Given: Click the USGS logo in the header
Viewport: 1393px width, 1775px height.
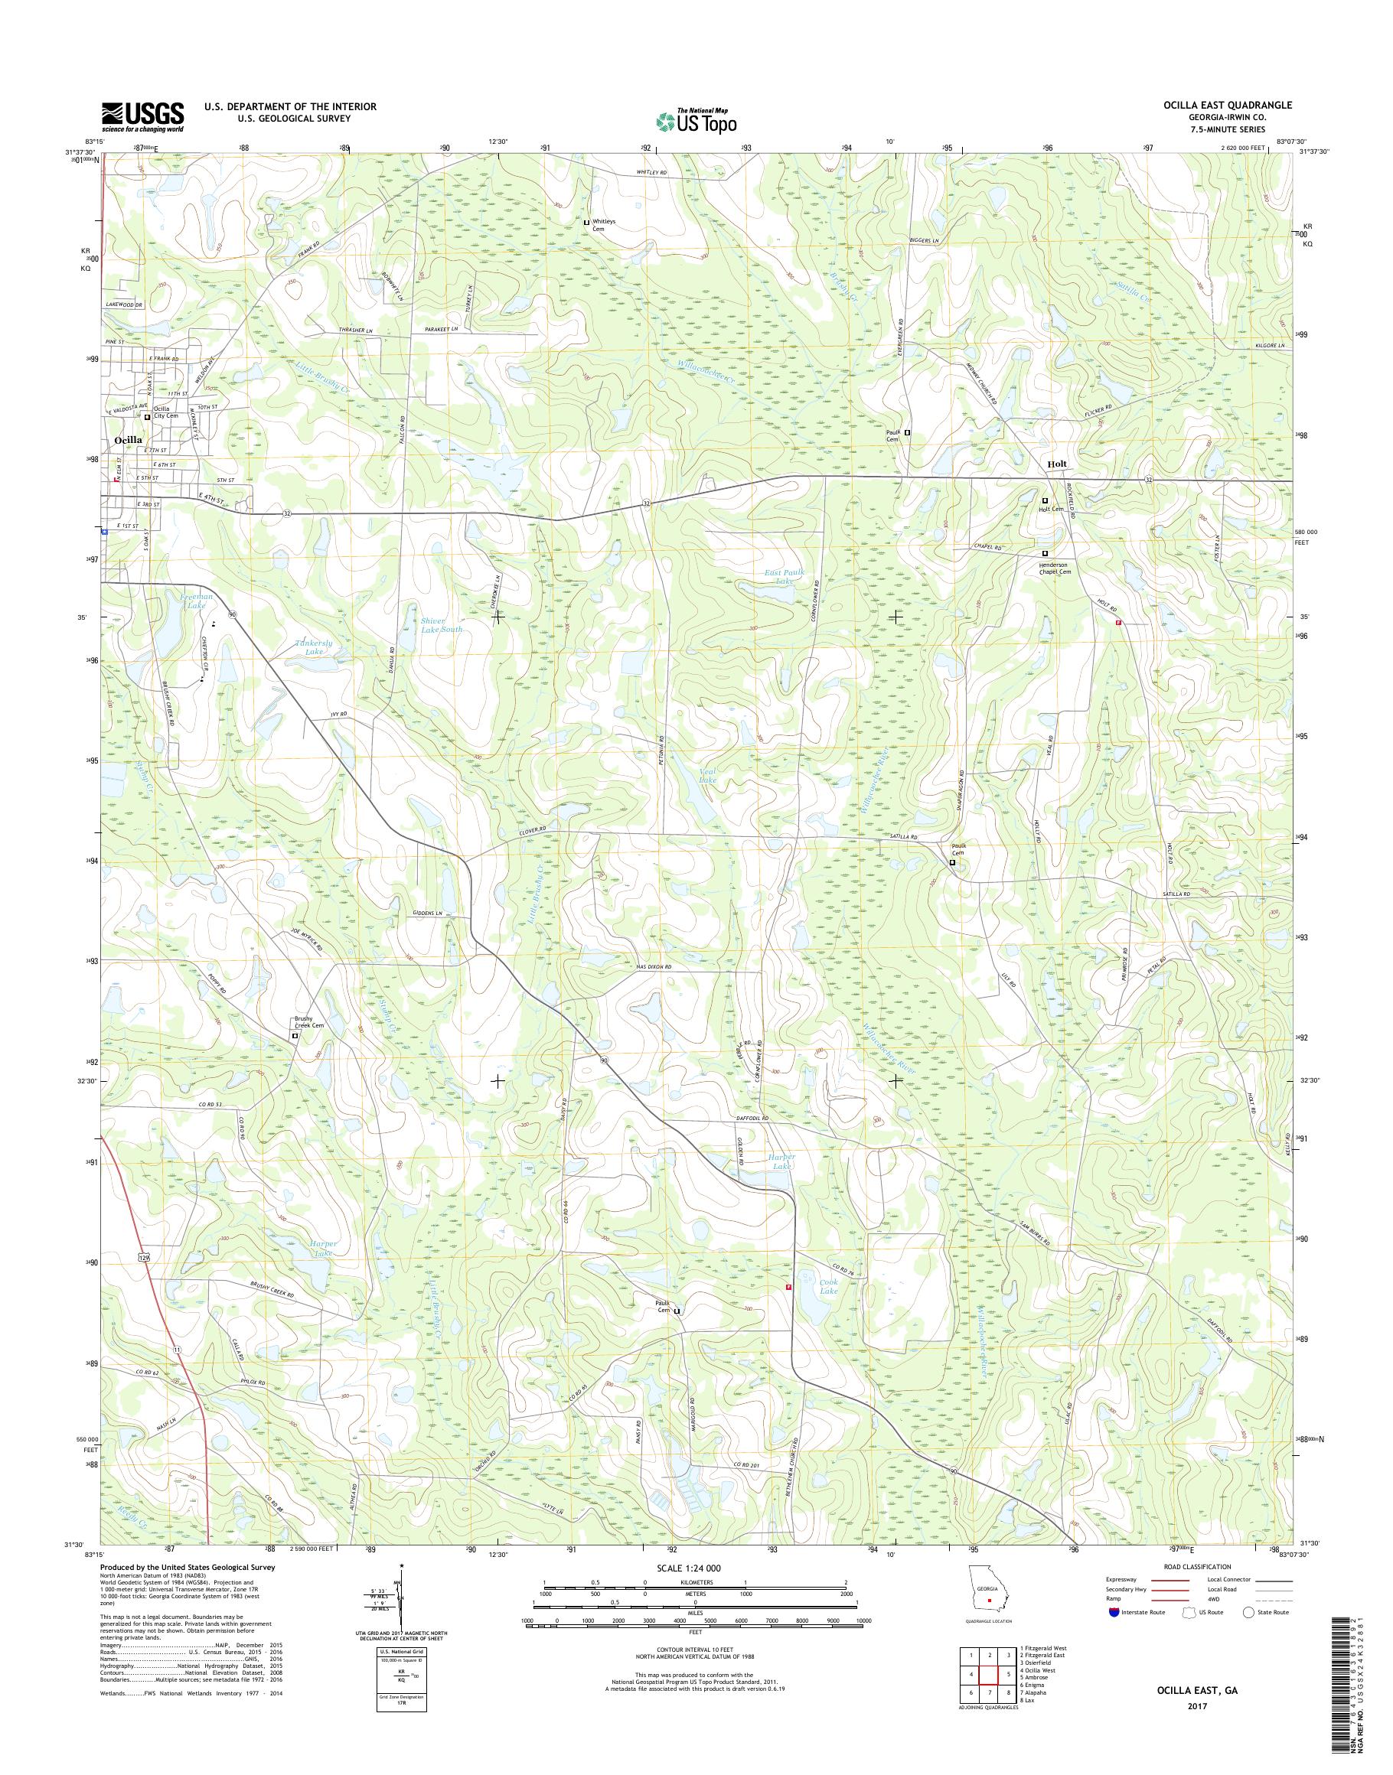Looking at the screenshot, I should click(x=142, y=116).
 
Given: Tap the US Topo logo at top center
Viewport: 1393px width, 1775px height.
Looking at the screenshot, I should click(x=696, y=121).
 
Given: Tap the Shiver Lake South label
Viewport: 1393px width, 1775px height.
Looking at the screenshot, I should click(x=441, y=624).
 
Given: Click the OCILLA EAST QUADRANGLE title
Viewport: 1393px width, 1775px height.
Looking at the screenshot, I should click(x=1232, y=106).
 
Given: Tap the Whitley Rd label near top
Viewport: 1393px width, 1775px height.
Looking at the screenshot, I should click(x=651, y=174).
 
